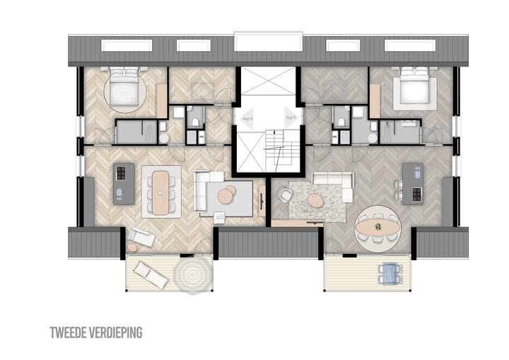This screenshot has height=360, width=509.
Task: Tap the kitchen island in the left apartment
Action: (124, 182)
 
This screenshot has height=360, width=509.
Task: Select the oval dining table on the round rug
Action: (378, 227)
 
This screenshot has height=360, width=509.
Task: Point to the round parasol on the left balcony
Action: (190, 274)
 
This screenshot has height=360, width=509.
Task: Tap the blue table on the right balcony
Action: (389, 273)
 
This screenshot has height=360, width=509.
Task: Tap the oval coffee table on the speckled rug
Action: (315, 201)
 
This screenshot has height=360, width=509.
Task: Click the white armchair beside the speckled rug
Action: (286, 193)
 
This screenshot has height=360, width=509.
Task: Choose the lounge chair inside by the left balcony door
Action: (141, 238)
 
